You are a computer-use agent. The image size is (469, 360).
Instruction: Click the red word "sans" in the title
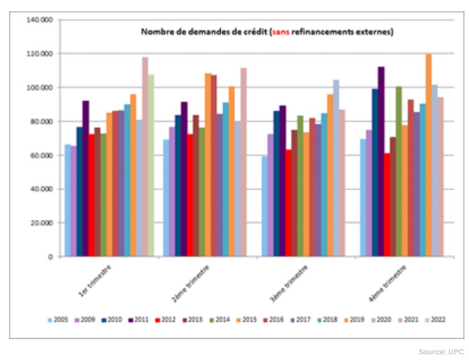(280, 32)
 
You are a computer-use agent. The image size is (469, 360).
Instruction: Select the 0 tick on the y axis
(50, 257)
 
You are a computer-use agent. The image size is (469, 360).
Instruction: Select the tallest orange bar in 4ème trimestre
(429, 155)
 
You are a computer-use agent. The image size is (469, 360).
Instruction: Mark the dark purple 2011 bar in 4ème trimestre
(381, 162)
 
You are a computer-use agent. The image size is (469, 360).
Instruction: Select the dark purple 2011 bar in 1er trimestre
(85, 179)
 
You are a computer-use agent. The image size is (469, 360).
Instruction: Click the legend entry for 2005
(57, 320)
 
